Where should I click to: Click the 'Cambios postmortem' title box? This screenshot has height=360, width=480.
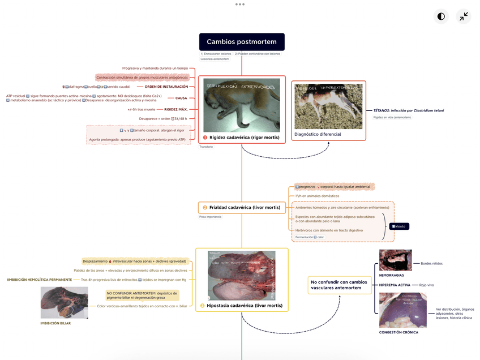pyautogui.click(x=242, y=42)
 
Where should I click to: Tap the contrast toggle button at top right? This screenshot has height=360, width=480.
pyautogui.click(x=441, y=16)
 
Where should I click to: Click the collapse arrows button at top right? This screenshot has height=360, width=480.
pyautogui.click(x=464, y=16)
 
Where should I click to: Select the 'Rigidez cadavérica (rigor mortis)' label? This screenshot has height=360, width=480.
pyautogui.click(x=245, y=137)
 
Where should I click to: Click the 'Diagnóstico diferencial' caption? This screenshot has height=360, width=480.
pyautogui.click(x=318, y=134)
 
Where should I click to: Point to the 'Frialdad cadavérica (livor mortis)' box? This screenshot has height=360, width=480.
pyautogui.click(x=242, y=208)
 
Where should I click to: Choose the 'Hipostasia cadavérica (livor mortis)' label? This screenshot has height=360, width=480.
pyautogui.click(x=245, y=306)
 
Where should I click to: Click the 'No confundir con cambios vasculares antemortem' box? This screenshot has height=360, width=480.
pyautogui.click(x=339, y=285)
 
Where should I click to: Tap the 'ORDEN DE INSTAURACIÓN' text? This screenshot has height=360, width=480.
pyautogui.click(x=166, y=87)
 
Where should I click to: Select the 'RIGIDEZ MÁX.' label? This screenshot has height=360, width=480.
pyautogui.click(x=176, y=109)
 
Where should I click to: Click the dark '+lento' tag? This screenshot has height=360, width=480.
pyautogui.click(x=399, y=226)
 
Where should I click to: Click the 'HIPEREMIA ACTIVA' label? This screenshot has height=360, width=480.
pyautogui.click(x=395, y=285)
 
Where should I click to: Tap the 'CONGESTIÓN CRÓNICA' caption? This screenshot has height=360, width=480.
pyautogui.click(x=398, y=332)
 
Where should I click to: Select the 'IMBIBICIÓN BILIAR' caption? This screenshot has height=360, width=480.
pyautogui.click(x=55, y=323)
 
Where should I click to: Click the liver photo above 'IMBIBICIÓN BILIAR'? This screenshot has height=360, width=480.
pyautogui.click(x=65, y=302)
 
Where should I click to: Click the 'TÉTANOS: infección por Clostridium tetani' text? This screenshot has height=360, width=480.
pyautogui.click(x=409, y=110)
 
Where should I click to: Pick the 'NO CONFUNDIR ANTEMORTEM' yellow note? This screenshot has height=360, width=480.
pyautogui.click(x=142, y=295)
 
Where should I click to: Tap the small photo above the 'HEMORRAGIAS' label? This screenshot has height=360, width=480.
pyautogui.click(x=395, y=260)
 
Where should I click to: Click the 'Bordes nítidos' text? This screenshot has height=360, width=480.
pyautogui.click(x=432, y=263)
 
